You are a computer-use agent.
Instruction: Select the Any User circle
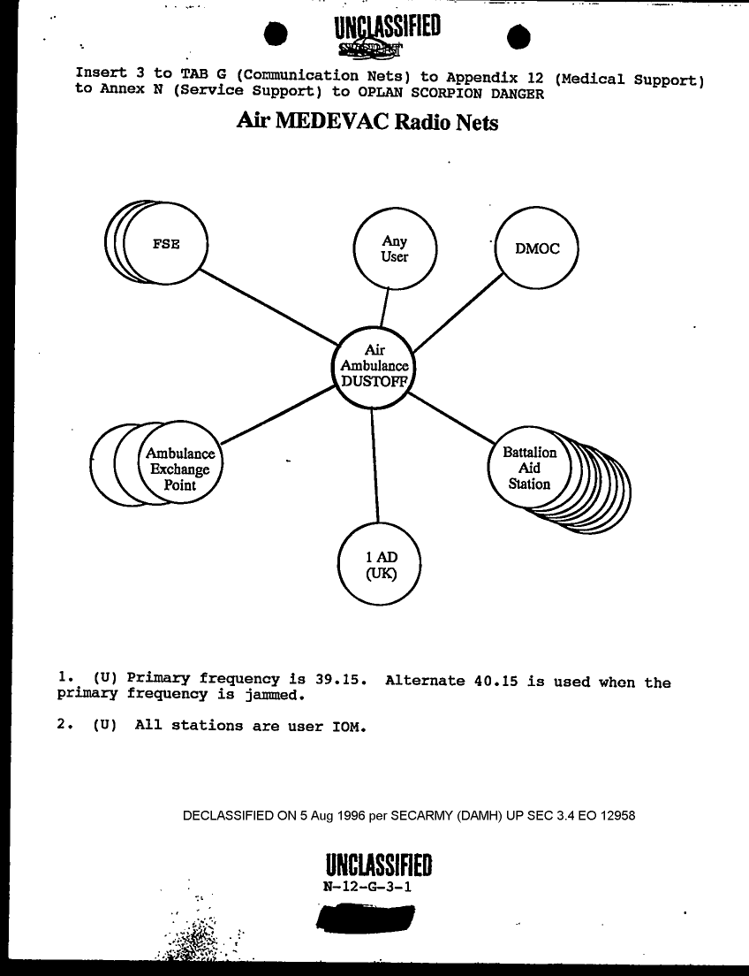coord(394,248)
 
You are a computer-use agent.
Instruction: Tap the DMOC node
coord(537,248)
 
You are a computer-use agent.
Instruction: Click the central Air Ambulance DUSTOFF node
coord(374,366)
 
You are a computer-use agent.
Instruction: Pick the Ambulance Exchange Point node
coord(180,469)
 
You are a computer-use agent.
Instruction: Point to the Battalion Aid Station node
coord(529,469)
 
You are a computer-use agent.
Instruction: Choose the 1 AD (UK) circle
coord(381,564)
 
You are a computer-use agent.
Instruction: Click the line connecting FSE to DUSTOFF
coord(265,306)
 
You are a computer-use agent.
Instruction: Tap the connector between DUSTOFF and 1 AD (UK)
coord(375,464)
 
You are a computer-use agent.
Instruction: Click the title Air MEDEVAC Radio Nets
coord(367,122)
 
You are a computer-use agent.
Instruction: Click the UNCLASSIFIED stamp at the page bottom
coord(378,864)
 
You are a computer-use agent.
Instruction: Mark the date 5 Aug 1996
coord(334,815)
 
